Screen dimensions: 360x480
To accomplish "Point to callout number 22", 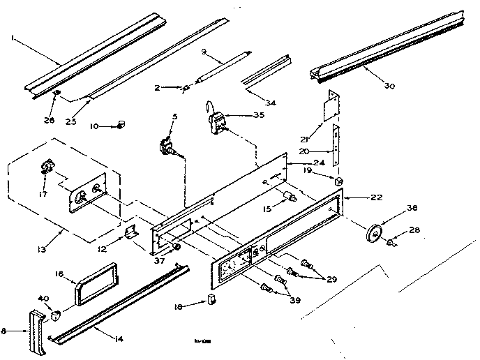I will pos(377,197).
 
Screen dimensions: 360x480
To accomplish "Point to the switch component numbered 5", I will pos(167,147).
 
